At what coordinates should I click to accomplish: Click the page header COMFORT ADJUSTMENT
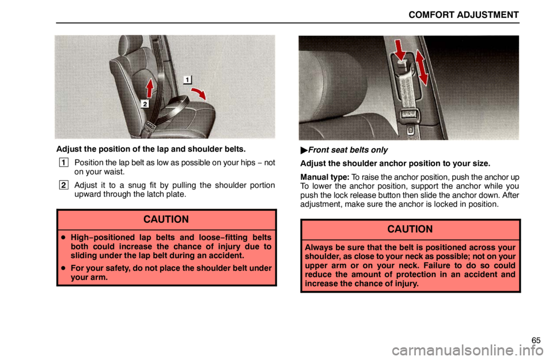(463, 15)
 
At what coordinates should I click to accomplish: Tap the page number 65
(536, 340)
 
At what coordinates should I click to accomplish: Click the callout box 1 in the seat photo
(187, 79)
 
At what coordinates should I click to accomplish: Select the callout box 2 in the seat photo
(145, 104)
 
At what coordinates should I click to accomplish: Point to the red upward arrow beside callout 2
(150, 88)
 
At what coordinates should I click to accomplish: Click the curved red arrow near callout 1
(199, 94)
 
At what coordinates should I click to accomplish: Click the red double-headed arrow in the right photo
(422, 68)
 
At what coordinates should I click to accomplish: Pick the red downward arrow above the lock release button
(400, 50)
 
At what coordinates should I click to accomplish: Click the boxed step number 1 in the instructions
(63, 162)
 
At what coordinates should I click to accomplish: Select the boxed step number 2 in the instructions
(63, 185)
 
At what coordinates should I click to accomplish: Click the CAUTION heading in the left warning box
(166, 219)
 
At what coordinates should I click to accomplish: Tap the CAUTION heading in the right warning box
(410, 229)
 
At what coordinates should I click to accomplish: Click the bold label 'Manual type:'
(325, 177)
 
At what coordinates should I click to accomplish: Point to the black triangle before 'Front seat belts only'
(304, 150)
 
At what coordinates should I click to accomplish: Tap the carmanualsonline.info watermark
(468, 351)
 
